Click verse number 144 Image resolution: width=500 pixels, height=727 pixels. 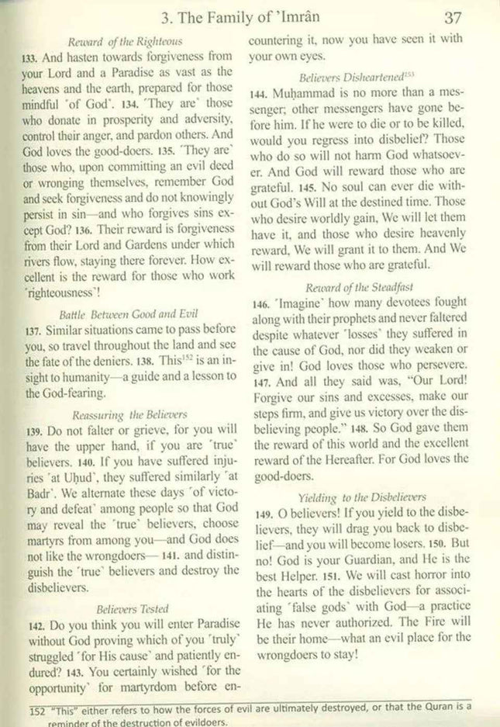tap(258, 94)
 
